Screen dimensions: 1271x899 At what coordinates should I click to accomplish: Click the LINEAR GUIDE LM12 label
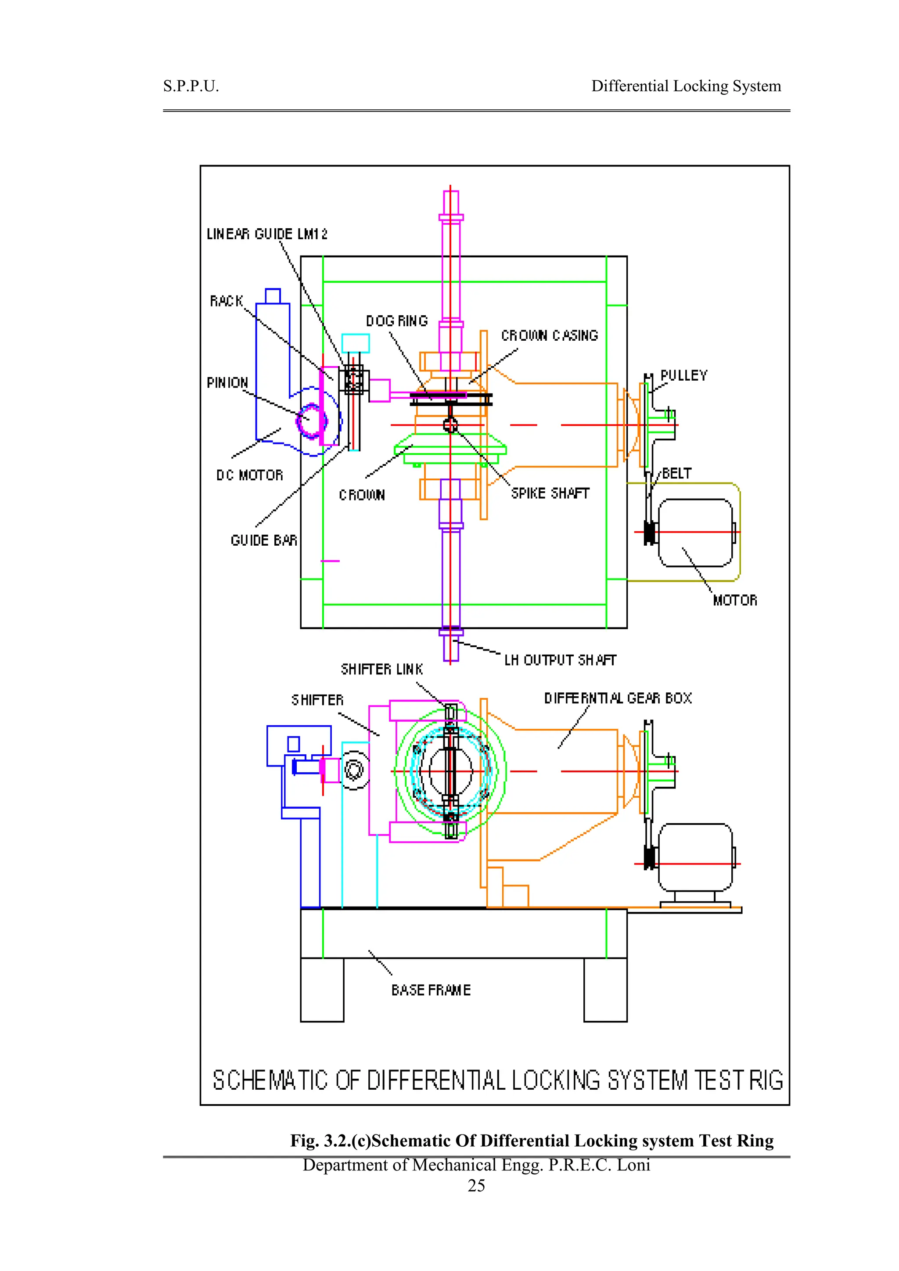pyautogui.click(x=267, y=234)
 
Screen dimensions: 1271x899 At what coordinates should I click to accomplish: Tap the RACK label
pyautogui.click(x=227, y=301)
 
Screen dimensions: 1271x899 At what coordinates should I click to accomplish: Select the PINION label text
pyautogui.click(x=227, y=382)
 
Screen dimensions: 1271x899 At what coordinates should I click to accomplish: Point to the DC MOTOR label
pyautogui.click(x=250, y=475)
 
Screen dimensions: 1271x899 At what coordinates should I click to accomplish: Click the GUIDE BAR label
pyautogui.click(x=263, y=540)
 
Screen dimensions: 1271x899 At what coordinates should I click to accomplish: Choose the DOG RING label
pyautogui.click(x=397, y=321)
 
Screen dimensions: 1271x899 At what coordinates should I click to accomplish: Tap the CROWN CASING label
pyautogui.click(x=549, y=335)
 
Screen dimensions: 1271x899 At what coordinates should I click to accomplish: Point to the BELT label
pyautogui.click(x=676, y=473)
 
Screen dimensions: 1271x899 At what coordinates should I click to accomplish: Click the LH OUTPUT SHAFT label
pyautogui.click(x=560, y=660)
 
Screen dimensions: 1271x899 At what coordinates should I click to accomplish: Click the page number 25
pyautogui.click(x=476, y=1185)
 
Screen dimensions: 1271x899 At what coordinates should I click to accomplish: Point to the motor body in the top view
pyautogui.click(x=695, y=533)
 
